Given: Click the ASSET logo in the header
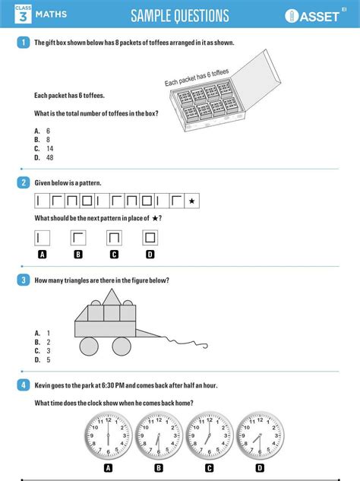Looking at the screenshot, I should tap(316, 16).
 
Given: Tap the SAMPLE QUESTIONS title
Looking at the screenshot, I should tap(179, 16).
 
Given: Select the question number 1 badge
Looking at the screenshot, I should tap(24, 43).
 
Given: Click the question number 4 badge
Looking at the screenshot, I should tap(24, 385).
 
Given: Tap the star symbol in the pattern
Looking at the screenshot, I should tap(192, 201).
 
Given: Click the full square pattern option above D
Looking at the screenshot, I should tap(150, 238).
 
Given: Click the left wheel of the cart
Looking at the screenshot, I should tap(89, 346).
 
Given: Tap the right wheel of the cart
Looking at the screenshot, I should tap(122, 346).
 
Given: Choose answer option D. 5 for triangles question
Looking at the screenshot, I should tap(43, 360).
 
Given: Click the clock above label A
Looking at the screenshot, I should tap(108, 436).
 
